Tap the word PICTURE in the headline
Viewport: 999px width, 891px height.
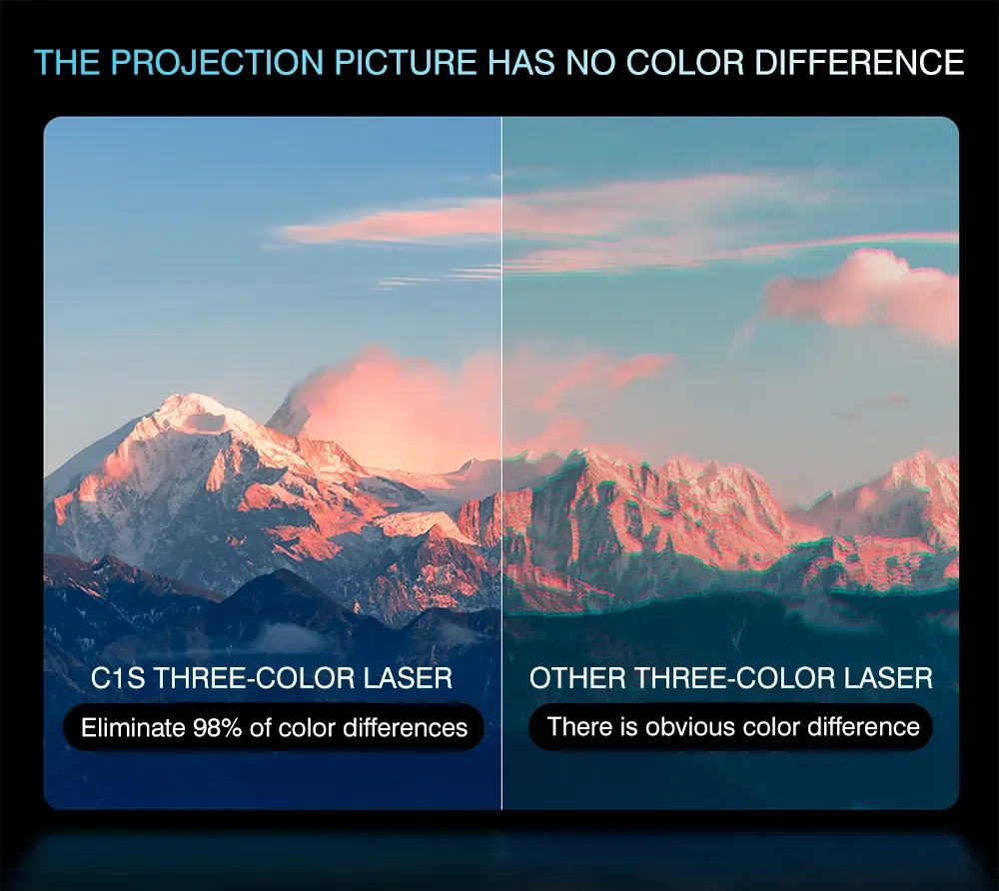tap(406, 62)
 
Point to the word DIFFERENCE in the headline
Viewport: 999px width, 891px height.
tap(859, 62)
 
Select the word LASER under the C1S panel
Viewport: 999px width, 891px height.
tap(408, 677)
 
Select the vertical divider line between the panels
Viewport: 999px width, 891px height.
tap(502, 463)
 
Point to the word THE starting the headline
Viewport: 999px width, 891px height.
tap(66, 62)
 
